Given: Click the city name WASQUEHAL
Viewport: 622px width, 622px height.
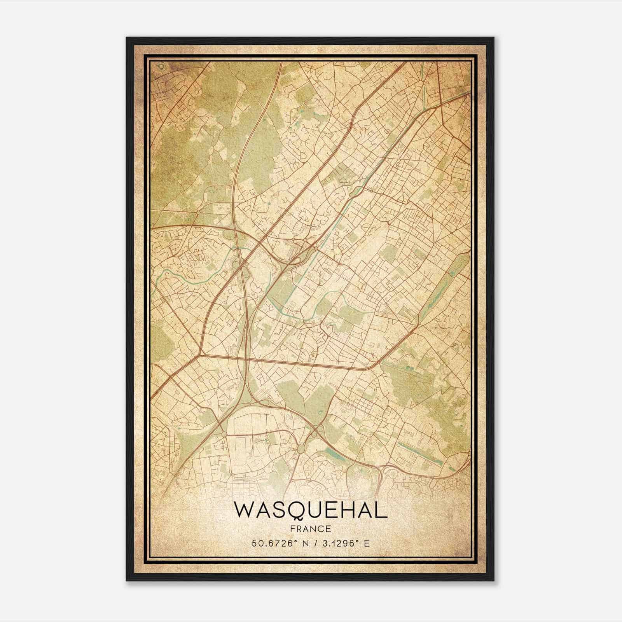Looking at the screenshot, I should pyautogui.click(x=311, y=511).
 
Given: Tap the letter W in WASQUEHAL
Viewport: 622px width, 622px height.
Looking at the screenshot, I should pyautogui.click(x=245, y=511).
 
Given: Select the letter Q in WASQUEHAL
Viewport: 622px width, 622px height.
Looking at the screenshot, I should pyautogui.click(x=296, y=512).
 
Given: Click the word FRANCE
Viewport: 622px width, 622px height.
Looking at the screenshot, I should pyautogui.click(x=311, y=529).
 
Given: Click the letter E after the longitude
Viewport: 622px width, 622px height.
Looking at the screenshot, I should pyautogui.click(x=366, y=543).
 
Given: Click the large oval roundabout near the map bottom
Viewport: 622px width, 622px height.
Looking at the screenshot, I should pyautogui.click(x=301, y=448).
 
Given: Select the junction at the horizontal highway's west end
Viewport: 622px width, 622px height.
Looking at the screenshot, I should pyautogui.click(x=200, y=354).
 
